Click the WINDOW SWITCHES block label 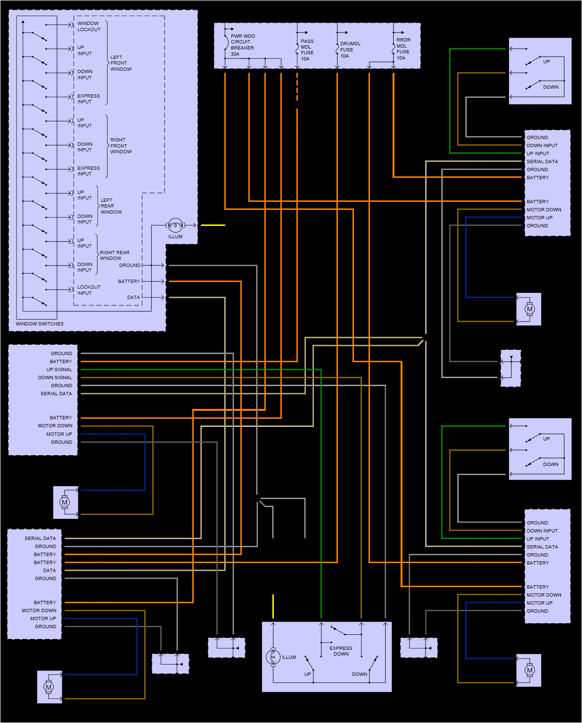click(x=40, y=324)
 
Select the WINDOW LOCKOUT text click(x=89, y=26)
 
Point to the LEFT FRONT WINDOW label click(x=121, y=63)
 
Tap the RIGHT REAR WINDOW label click(x=115, y=255)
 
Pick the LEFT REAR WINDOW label click(x=111, y=206)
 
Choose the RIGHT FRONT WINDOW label click(x=121, y=146)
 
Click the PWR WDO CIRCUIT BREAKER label click(x=242, y=42)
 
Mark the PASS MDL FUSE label click(x=307, y=47)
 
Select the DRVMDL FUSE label click(x=350, y=47)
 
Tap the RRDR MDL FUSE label click(x=403, y=46)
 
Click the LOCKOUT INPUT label click(x=89, y=290)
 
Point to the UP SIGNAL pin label click(x=59, y=370)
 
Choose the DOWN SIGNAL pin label click(x=55, y=378)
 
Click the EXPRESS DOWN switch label click(x=341, y=651)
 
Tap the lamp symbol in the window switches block click(x=175, y=225)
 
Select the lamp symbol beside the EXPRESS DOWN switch click(x=273, y=657)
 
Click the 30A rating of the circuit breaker click(x=235, y=54)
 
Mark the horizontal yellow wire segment click(x=213, y=225)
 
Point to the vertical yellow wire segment click(x=273, y=606)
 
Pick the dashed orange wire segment click(x=297, y=90)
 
